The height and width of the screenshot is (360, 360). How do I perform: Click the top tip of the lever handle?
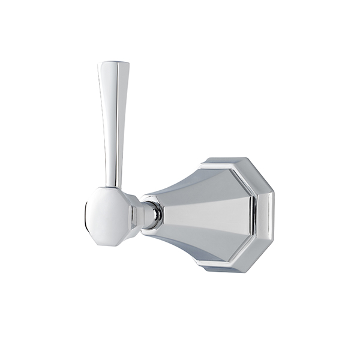coord(114,63)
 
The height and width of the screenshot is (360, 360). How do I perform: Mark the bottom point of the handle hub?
coord(107,245)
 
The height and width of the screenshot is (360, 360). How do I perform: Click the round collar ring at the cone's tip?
coord(155,214)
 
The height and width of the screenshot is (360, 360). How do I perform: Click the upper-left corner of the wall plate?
coord(203,163)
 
